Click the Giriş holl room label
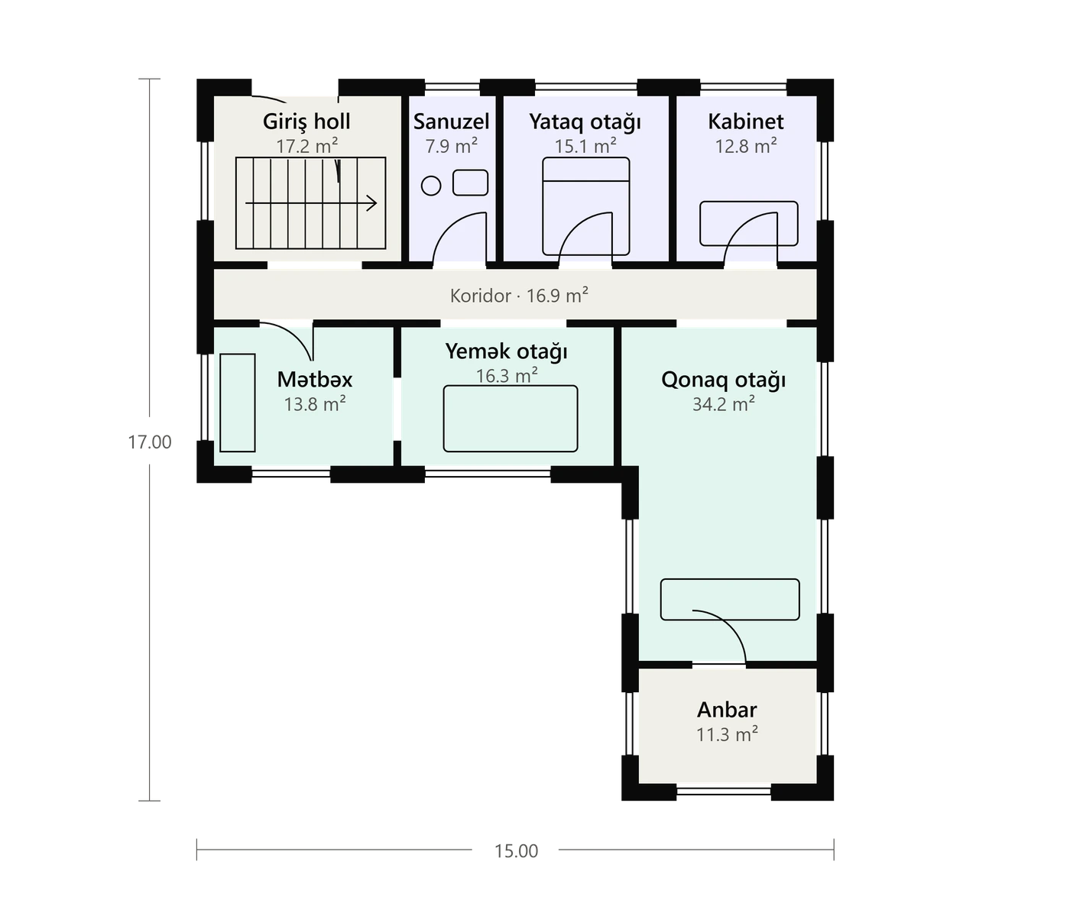point(306,122)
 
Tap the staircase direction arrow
point(311,203)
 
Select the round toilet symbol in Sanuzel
point(431,186)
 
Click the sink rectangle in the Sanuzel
point(471,183)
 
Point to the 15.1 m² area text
point(585,147)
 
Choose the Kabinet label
point(746,122)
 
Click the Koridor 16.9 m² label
point(519,296)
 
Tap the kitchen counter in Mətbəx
point(237,403)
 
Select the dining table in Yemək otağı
point(511,419)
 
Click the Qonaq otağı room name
point(723,380)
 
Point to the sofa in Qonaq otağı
point(730,599)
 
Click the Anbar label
point(727,710)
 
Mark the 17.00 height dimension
point(150,442)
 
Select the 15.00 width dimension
point(516,851)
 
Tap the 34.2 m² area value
point(724,405)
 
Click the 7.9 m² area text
point(452,147)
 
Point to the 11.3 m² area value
point(727,735)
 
